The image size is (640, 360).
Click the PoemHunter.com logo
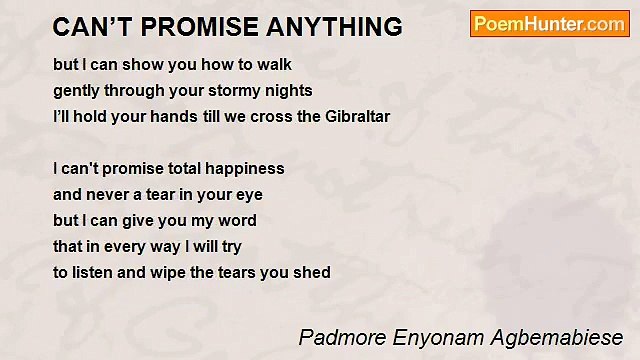click(x=549, y=24)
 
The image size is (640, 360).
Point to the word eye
click(x=249, y=194)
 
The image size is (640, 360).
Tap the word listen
click(x=94, y=272)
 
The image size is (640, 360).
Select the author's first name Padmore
click(x=337, y=336)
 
